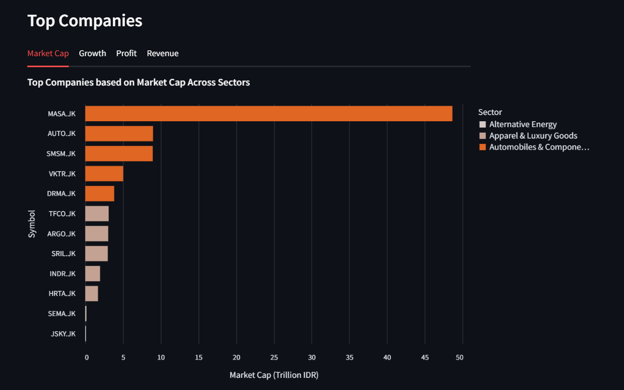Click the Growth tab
coord(92,54)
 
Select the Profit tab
coord(126,54)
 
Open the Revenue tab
coord(163,54)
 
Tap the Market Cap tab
coord(48,54)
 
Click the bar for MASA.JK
coord(268,113)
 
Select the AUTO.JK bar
coord(119,133)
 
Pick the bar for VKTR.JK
coord(104,174)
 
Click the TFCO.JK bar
coord(97,214)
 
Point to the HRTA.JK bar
coord(91,293)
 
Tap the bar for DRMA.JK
coord(100,194)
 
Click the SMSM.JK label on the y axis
coord(61,154)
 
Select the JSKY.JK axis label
coord(63,334)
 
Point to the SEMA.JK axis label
coord(61,314)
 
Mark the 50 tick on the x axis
coord(460,357)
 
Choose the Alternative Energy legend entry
coord(523,124)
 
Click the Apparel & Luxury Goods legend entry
coord(533,136)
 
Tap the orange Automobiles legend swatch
coord(483,147)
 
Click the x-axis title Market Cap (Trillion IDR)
coord(274,375)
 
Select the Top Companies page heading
coord(84,20)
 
